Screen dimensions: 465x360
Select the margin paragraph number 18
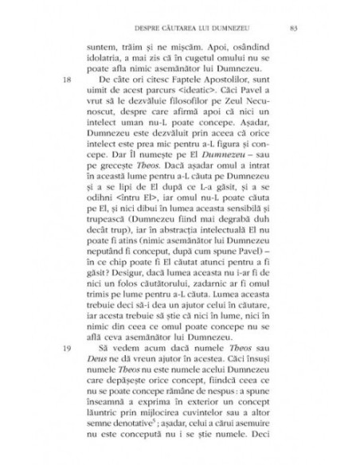67,81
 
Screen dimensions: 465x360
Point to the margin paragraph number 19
67,349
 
